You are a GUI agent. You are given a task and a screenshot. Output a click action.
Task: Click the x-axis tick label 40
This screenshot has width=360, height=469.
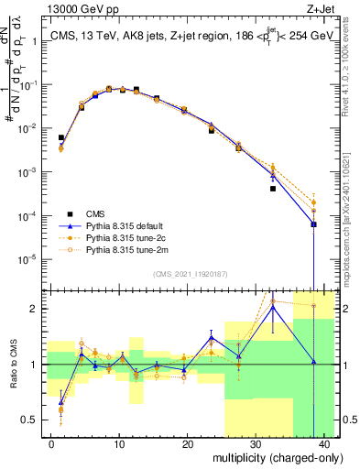326,443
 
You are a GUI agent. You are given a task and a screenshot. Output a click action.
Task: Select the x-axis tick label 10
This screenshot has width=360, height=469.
119,443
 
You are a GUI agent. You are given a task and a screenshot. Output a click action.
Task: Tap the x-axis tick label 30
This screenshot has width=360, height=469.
256,443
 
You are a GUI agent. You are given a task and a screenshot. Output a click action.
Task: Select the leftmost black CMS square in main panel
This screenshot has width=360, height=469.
61,137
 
